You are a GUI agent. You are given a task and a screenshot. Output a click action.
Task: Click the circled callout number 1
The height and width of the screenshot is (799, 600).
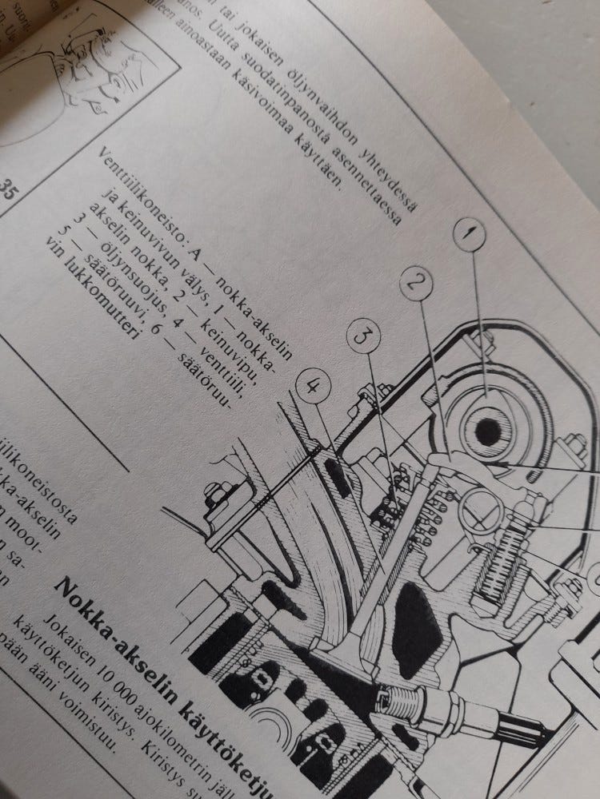470,235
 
